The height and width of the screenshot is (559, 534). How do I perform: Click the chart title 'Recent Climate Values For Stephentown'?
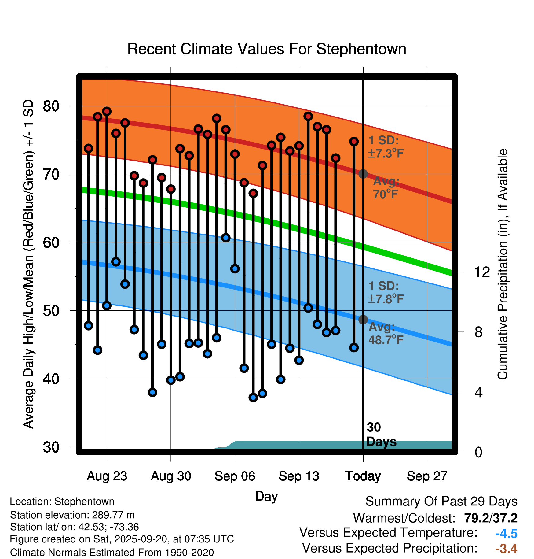point(267,49)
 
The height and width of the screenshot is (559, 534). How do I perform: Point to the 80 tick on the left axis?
point(51,106)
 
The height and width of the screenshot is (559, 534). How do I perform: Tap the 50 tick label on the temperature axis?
point(51,311)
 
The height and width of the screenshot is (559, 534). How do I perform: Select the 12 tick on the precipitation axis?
point(482,272)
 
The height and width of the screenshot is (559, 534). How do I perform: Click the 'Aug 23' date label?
point(107,476)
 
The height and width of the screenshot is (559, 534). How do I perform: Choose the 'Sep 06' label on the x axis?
point(235,476)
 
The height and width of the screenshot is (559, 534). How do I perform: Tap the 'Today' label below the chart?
point(363,476)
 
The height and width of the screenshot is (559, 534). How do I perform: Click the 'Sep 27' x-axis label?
point(427,476)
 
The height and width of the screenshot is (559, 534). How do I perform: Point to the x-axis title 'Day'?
point(266,496)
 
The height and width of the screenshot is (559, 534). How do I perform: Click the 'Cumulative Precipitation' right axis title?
point(502,264)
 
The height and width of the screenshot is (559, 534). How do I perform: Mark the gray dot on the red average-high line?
point(363,174)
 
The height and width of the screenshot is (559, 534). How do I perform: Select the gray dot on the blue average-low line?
point(363,320)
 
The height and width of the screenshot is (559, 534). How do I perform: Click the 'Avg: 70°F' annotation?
point(386,187)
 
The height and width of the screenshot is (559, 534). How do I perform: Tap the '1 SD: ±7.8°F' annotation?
point(386,292)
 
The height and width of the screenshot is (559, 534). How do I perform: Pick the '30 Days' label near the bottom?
point(381,435)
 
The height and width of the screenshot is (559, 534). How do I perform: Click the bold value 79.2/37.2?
point(491,518)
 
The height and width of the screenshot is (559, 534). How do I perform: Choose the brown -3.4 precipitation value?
point(506,549)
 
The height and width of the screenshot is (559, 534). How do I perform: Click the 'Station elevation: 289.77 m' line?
point(72,515)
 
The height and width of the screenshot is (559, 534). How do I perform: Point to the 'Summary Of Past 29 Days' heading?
point(441,502)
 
